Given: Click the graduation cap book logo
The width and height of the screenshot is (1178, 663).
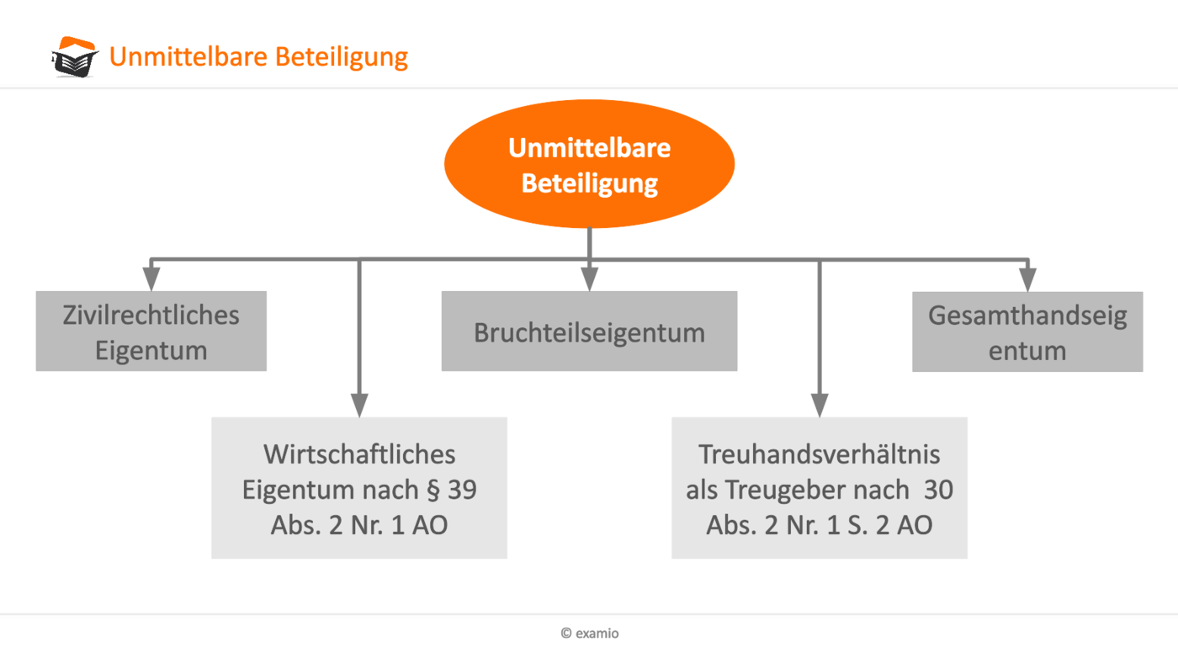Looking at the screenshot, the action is tap(75, 56).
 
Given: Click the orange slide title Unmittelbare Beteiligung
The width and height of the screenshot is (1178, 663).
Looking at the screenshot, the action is tap(259, 56).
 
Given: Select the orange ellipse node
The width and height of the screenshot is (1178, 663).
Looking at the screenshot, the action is tap(590, 163).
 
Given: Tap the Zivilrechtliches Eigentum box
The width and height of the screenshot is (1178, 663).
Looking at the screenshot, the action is tap(151, 331).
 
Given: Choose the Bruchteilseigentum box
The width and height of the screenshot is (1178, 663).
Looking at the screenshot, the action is tap(589, 331).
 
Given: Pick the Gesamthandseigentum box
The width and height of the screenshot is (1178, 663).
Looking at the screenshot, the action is tap(1027, 331).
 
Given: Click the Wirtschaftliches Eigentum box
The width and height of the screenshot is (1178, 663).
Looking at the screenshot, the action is tap(359, 488).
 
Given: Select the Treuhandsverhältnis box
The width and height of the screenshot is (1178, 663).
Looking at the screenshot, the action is tap(820, 488).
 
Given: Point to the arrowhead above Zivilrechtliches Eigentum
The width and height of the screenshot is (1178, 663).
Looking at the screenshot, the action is tap(151, 278).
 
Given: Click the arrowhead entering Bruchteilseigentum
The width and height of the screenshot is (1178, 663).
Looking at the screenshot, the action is tap(590, 278).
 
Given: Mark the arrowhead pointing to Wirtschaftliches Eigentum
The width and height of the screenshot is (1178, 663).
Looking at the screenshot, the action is tap(359, 405).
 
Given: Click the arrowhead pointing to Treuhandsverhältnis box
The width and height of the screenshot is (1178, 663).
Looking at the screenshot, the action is tap(820, 405).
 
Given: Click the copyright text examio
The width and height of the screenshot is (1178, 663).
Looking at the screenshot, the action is tap(590, 633).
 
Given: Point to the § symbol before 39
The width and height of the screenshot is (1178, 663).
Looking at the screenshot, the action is tap(433, 491).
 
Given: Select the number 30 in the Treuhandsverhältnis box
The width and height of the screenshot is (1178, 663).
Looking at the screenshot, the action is tap(939, 490).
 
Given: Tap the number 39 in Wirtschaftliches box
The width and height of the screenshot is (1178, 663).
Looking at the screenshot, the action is tap(462, 490).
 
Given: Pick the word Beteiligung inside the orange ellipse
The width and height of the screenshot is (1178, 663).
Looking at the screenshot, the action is tap(590, 184).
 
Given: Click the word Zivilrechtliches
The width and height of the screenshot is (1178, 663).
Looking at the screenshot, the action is tap(151, 316).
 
